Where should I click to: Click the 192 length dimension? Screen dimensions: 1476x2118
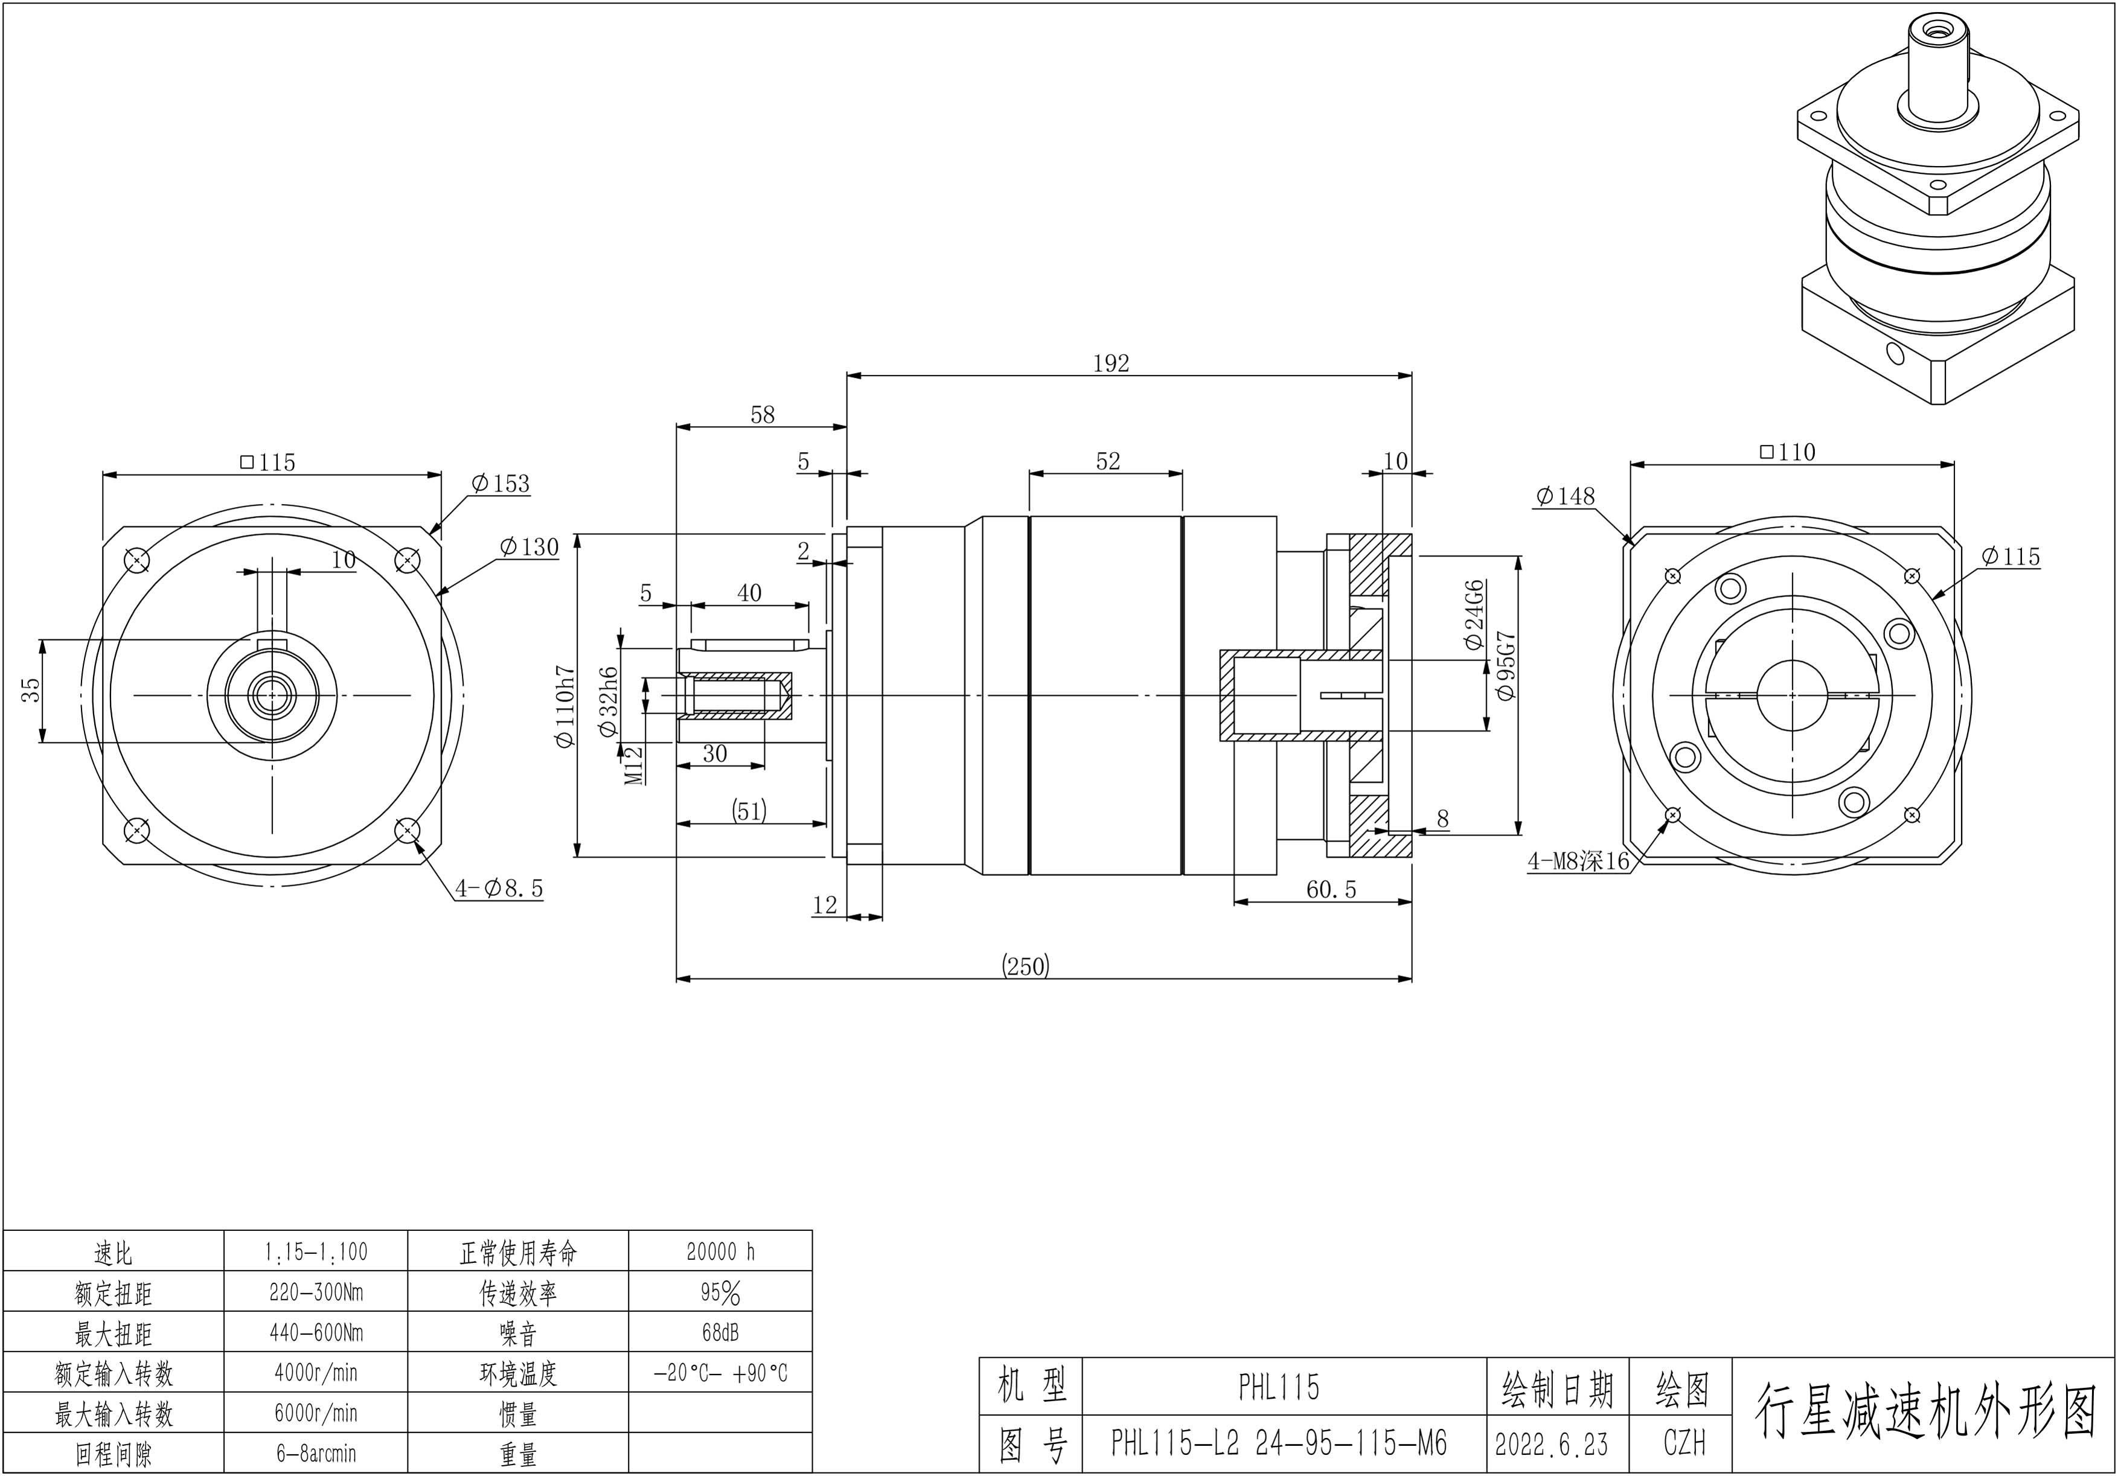pos(1111,363)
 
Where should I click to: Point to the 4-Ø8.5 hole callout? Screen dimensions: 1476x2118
pos(499,889)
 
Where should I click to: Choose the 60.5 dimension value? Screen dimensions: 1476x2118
pos(1331,889)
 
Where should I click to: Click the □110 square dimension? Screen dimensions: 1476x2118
pos(1787,452)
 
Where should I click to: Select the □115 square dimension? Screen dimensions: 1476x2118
pos(267,462)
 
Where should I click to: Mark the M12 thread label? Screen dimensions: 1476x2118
pos(634,765)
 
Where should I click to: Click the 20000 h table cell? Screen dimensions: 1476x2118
pos(720,1252)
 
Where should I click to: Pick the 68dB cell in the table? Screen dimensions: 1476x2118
pos(720,1332)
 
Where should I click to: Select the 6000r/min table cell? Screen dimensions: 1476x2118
pos(316,1413)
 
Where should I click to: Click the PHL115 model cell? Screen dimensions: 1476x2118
pos(1279,1387)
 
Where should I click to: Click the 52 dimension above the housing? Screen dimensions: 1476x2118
pos(1108,461)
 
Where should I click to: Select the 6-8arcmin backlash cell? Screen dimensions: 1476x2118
pos(316,1454)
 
